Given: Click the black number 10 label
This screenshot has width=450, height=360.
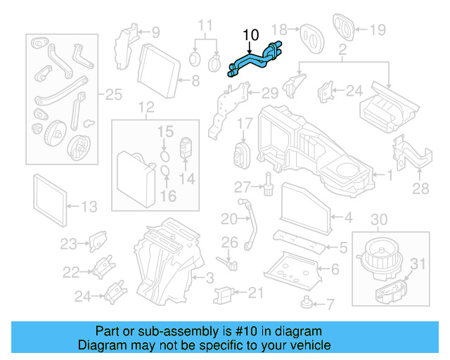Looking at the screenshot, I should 250,34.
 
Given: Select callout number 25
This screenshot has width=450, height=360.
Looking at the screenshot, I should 112,94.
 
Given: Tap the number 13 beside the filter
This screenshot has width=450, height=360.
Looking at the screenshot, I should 89,207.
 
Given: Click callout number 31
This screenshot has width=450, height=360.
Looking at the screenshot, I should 418,264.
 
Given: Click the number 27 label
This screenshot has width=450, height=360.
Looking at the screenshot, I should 242,187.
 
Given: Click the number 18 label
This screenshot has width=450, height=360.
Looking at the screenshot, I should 280,29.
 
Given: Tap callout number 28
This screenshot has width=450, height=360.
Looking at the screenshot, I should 420,188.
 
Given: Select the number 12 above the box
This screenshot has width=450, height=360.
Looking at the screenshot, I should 146,108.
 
